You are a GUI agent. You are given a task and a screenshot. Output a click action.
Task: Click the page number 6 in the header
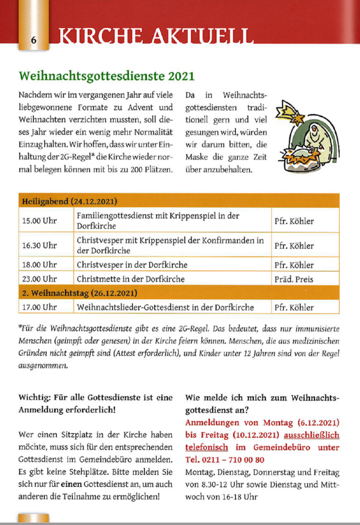click(x=33, y=40)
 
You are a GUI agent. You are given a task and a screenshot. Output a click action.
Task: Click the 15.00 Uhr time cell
click(x=39, y=221)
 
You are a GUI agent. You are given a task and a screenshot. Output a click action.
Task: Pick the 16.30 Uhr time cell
click(x=39, y=245)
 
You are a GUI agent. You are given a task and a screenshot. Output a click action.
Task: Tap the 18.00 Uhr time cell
click(x=39, y=265)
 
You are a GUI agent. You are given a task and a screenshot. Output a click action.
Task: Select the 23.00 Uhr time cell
click(x=39, y=279)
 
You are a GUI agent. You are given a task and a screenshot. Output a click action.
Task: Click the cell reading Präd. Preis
click(x=294, y=279)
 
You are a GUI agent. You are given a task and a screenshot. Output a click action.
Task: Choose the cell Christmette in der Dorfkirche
click(x=130, y=279)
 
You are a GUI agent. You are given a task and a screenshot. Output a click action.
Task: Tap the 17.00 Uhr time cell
click(x=39, y=308)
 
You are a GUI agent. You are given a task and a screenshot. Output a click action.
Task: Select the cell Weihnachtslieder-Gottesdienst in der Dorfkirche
click(x=165, y=308)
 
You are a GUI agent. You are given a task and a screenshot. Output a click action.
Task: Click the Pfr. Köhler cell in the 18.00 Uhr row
click(x=294, y=265)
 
